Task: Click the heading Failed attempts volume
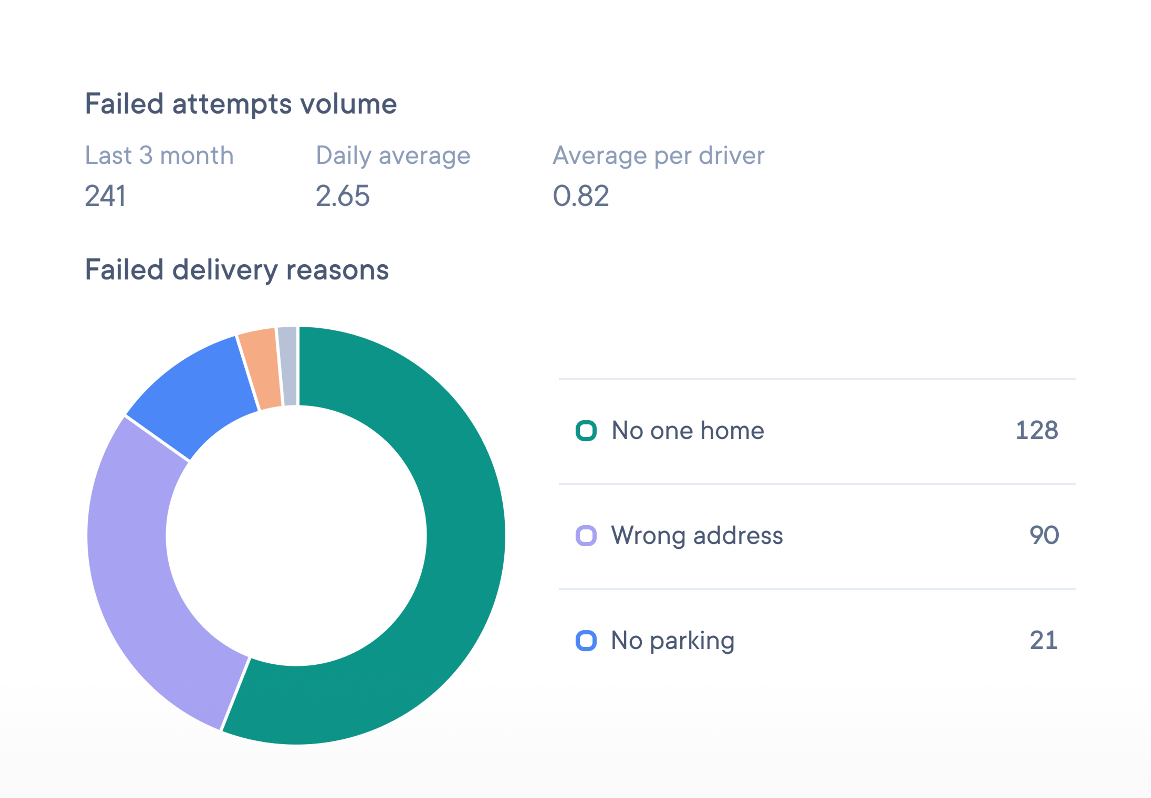[x=240, y=104]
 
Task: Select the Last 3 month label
[x=159, y=156]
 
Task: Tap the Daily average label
[x=393, y=156]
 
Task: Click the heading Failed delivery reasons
[x=236, y=270]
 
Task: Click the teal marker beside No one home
[x=586, y=431]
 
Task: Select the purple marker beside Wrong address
[x=586, y=535]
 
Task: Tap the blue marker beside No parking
[x=586, y=640]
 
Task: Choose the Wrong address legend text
[x=697, y=535]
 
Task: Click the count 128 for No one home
[x=1036, y=431]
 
